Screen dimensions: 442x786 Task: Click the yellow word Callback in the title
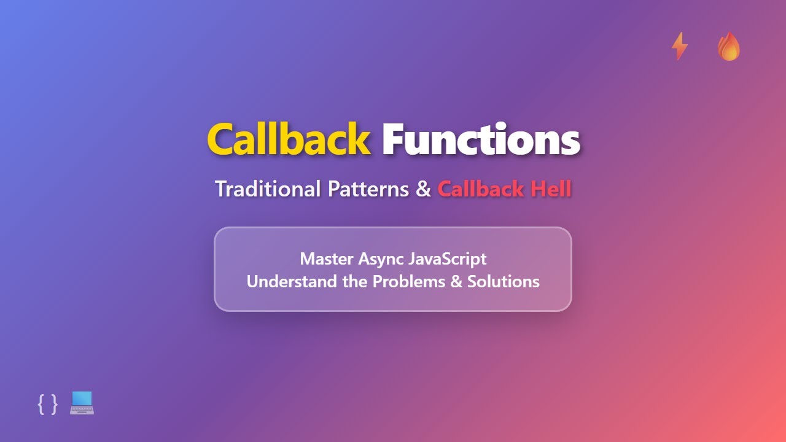click(x=289, y=140)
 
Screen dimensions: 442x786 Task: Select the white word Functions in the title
click(x=481, y=140)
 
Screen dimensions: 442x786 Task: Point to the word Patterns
click(x=368, y=189)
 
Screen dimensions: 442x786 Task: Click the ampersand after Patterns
click(x=423, y=189)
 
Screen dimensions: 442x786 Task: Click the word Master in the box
click(x=325, y=258)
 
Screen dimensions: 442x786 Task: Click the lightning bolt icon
click(x=679, y=47)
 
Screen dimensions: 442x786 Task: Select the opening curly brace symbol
click(x=41, y=404)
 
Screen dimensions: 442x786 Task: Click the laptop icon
click(x=82, y=403)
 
